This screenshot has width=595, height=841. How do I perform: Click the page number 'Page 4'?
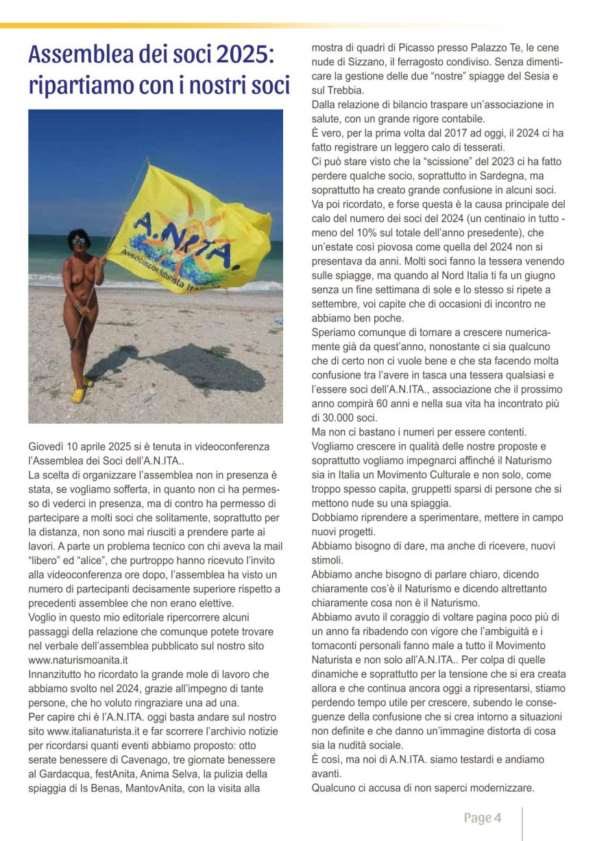(483, 818)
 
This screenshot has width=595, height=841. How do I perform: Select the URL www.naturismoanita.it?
(79, 660)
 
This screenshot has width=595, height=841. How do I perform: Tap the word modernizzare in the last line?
(502, 788)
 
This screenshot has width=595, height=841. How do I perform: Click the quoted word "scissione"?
(422, 162)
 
